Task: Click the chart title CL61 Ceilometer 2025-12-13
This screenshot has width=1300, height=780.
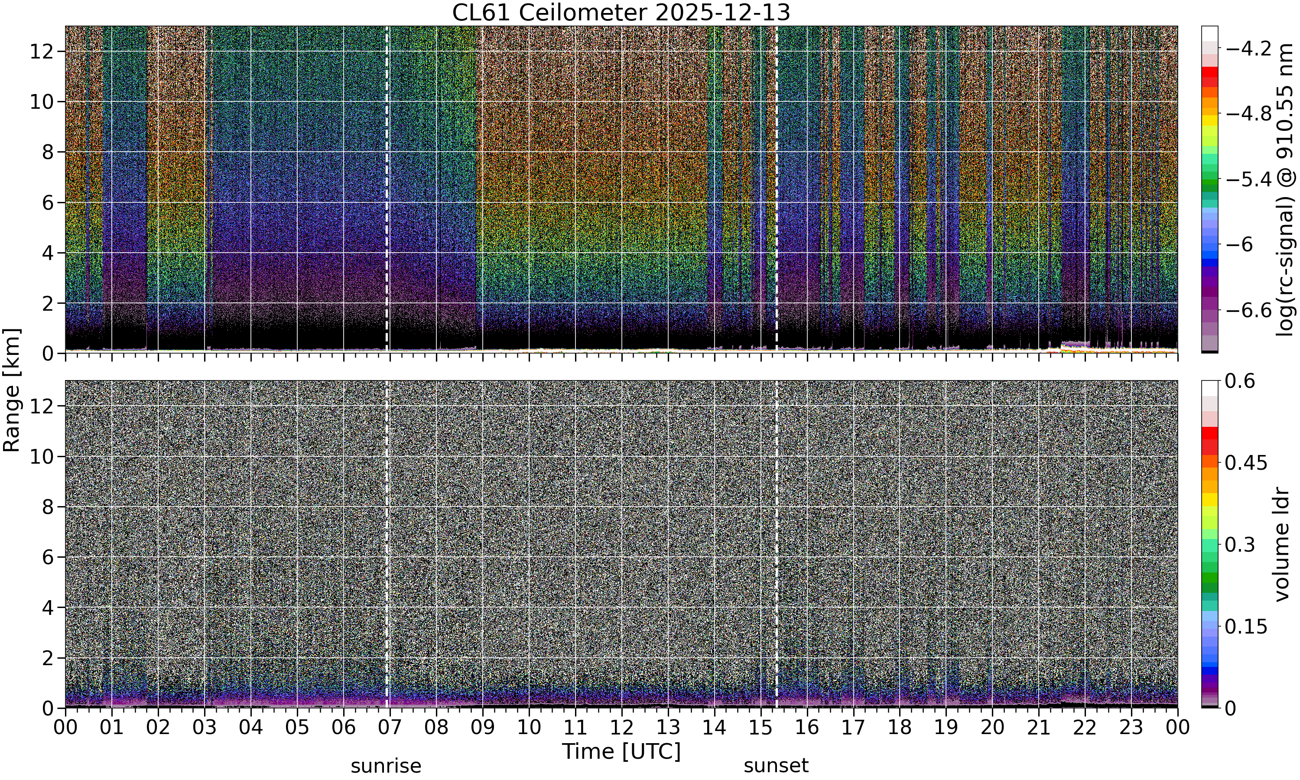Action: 621,13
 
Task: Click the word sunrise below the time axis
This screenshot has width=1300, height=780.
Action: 386,766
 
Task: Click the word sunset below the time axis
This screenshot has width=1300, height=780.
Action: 776,766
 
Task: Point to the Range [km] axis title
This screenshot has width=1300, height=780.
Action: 12,390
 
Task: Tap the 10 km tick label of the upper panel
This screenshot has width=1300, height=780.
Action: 42,102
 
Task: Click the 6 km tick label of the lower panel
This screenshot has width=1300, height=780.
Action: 49,557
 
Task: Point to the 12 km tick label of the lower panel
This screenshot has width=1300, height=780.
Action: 42,406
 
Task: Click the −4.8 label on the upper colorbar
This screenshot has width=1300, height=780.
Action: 1248,114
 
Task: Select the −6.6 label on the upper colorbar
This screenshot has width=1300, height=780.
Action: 1248,311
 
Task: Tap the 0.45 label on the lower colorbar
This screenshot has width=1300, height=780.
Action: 1246,462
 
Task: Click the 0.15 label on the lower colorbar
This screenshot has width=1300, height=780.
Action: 1246,627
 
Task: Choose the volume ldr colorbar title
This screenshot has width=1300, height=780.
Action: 1282,545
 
